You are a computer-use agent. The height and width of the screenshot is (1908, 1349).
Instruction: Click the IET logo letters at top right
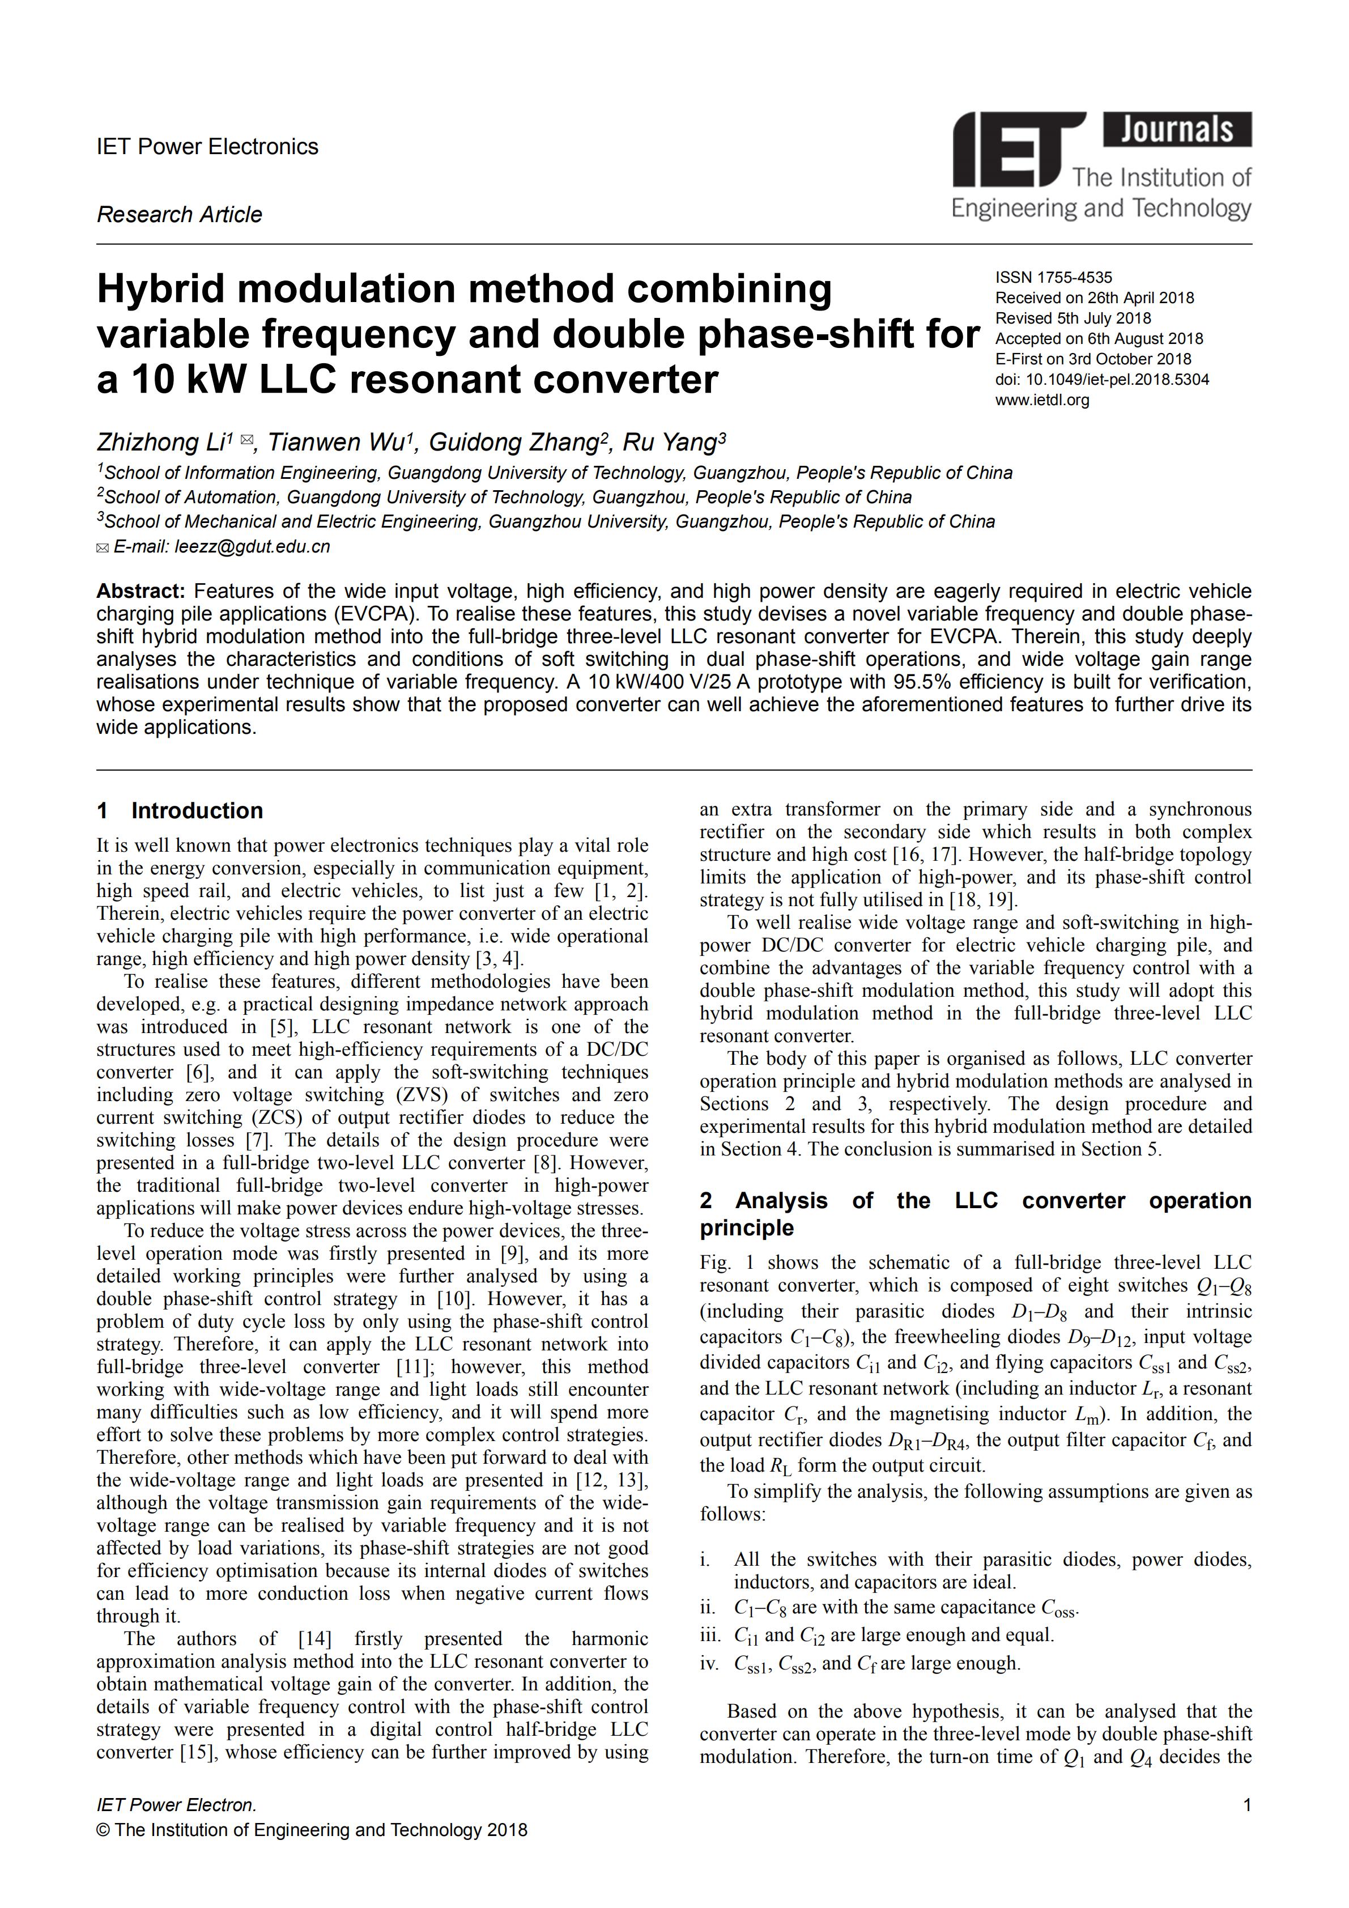pyautogui.click(x=1018, y=150)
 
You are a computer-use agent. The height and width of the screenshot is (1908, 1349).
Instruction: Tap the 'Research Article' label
pyautogui.click(x=180, y=214)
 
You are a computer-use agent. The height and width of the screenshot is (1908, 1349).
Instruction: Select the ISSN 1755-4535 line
pyautogui.click(x=1053, y=278)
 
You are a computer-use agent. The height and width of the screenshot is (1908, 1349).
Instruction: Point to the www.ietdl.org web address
pyautogui.click(x=1042, y=400)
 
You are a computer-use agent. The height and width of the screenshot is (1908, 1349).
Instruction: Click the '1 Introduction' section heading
pyautogui.click(x=180, y=811)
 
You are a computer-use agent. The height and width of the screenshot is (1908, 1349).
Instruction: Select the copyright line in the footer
pyautogui.click(x=312, y=1830)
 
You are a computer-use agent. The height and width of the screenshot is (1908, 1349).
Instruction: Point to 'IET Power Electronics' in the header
pyautogui.click(x=208, y=147)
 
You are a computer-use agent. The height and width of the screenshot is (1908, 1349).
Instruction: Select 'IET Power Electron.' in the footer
pyautogui.click(x=176, y=1805)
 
